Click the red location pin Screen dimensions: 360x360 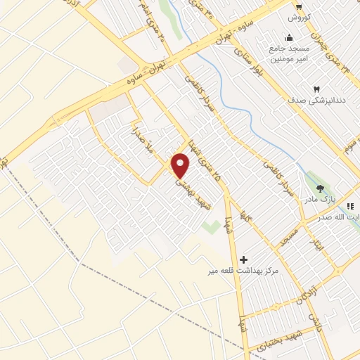coord(181,166)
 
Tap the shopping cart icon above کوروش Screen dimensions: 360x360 coord(300,6)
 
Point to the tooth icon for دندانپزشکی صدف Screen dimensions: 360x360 coord(316,89)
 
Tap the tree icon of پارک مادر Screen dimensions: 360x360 coord(321,188)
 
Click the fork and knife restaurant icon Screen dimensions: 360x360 coord(350,205)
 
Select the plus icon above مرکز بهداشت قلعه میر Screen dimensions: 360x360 coord(244,259)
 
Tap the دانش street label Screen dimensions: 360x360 coord(314,325)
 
